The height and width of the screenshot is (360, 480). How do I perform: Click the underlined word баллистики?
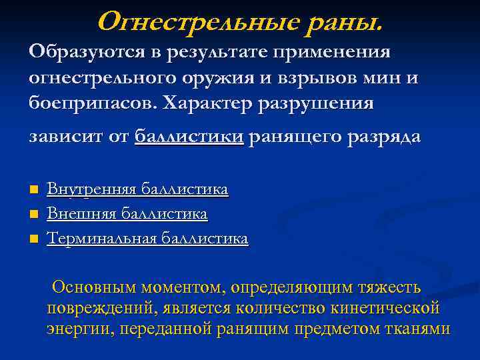(189, 137)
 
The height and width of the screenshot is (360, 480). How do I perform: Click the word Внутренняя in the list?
(90, 190)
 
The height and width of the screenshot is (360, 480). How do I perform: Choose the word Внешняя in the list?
(79, 214)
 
